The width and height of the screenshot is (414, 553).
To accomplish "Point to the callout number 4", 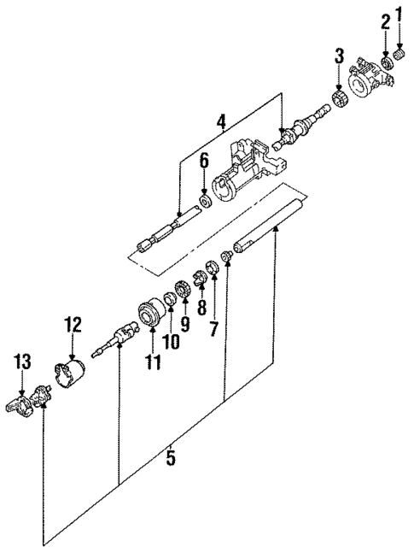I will coord(221,122).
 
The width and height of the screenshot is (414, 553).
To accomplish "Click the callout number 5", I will coord(170,458).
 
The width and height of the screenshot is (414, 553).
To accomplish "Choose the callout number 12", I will coord(71,324).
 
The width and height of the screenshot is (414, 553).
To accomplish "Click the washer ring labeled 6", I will coord(204,202).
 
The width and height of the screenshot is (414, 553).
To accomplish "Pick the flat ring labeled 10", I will coord(171,301).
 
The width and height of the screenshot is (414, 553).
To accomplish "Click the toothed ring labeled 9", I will coord(181,288).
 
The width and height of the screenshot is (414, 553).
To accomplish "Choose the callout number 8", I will coord(201,305).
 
